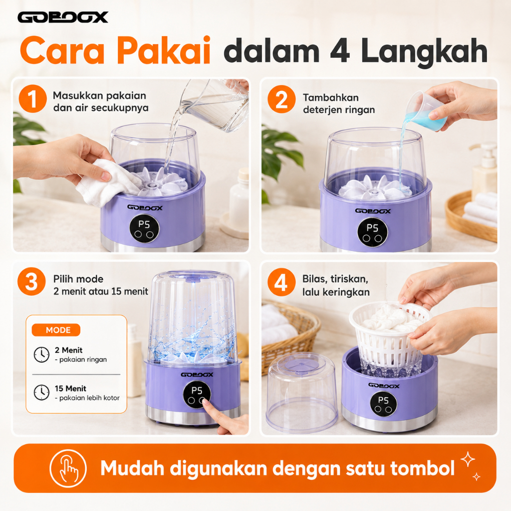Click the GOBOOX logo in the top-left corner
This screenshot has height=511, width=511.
click(62, 17)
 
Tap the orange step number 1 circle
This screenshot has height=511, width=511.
click(32, 99)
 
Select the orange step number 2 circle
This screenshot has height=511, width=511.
click(281, 99)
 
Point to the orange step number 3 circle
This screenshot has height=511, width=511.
click(31, 281)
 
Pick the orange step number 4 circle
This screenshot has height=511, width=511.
click(281, 282)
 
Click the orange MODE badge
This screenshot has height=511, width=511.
click(56, 330)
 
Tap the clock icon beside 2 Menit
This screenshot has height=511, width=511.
click(42, 355)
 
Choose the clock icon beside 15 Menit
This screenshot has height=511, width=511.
click(42, 393)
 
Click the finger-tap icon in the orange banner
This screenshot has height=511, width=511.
click(68, 468)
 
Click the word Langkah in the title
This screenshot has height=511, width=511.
click(424, 52)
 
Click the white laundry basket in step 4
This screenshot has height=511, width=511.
click(389, 337)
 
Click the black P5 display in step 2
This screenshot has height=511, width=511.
click(372, 233)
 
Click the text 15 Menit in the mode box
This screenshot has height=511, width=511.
click(70, 388)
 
